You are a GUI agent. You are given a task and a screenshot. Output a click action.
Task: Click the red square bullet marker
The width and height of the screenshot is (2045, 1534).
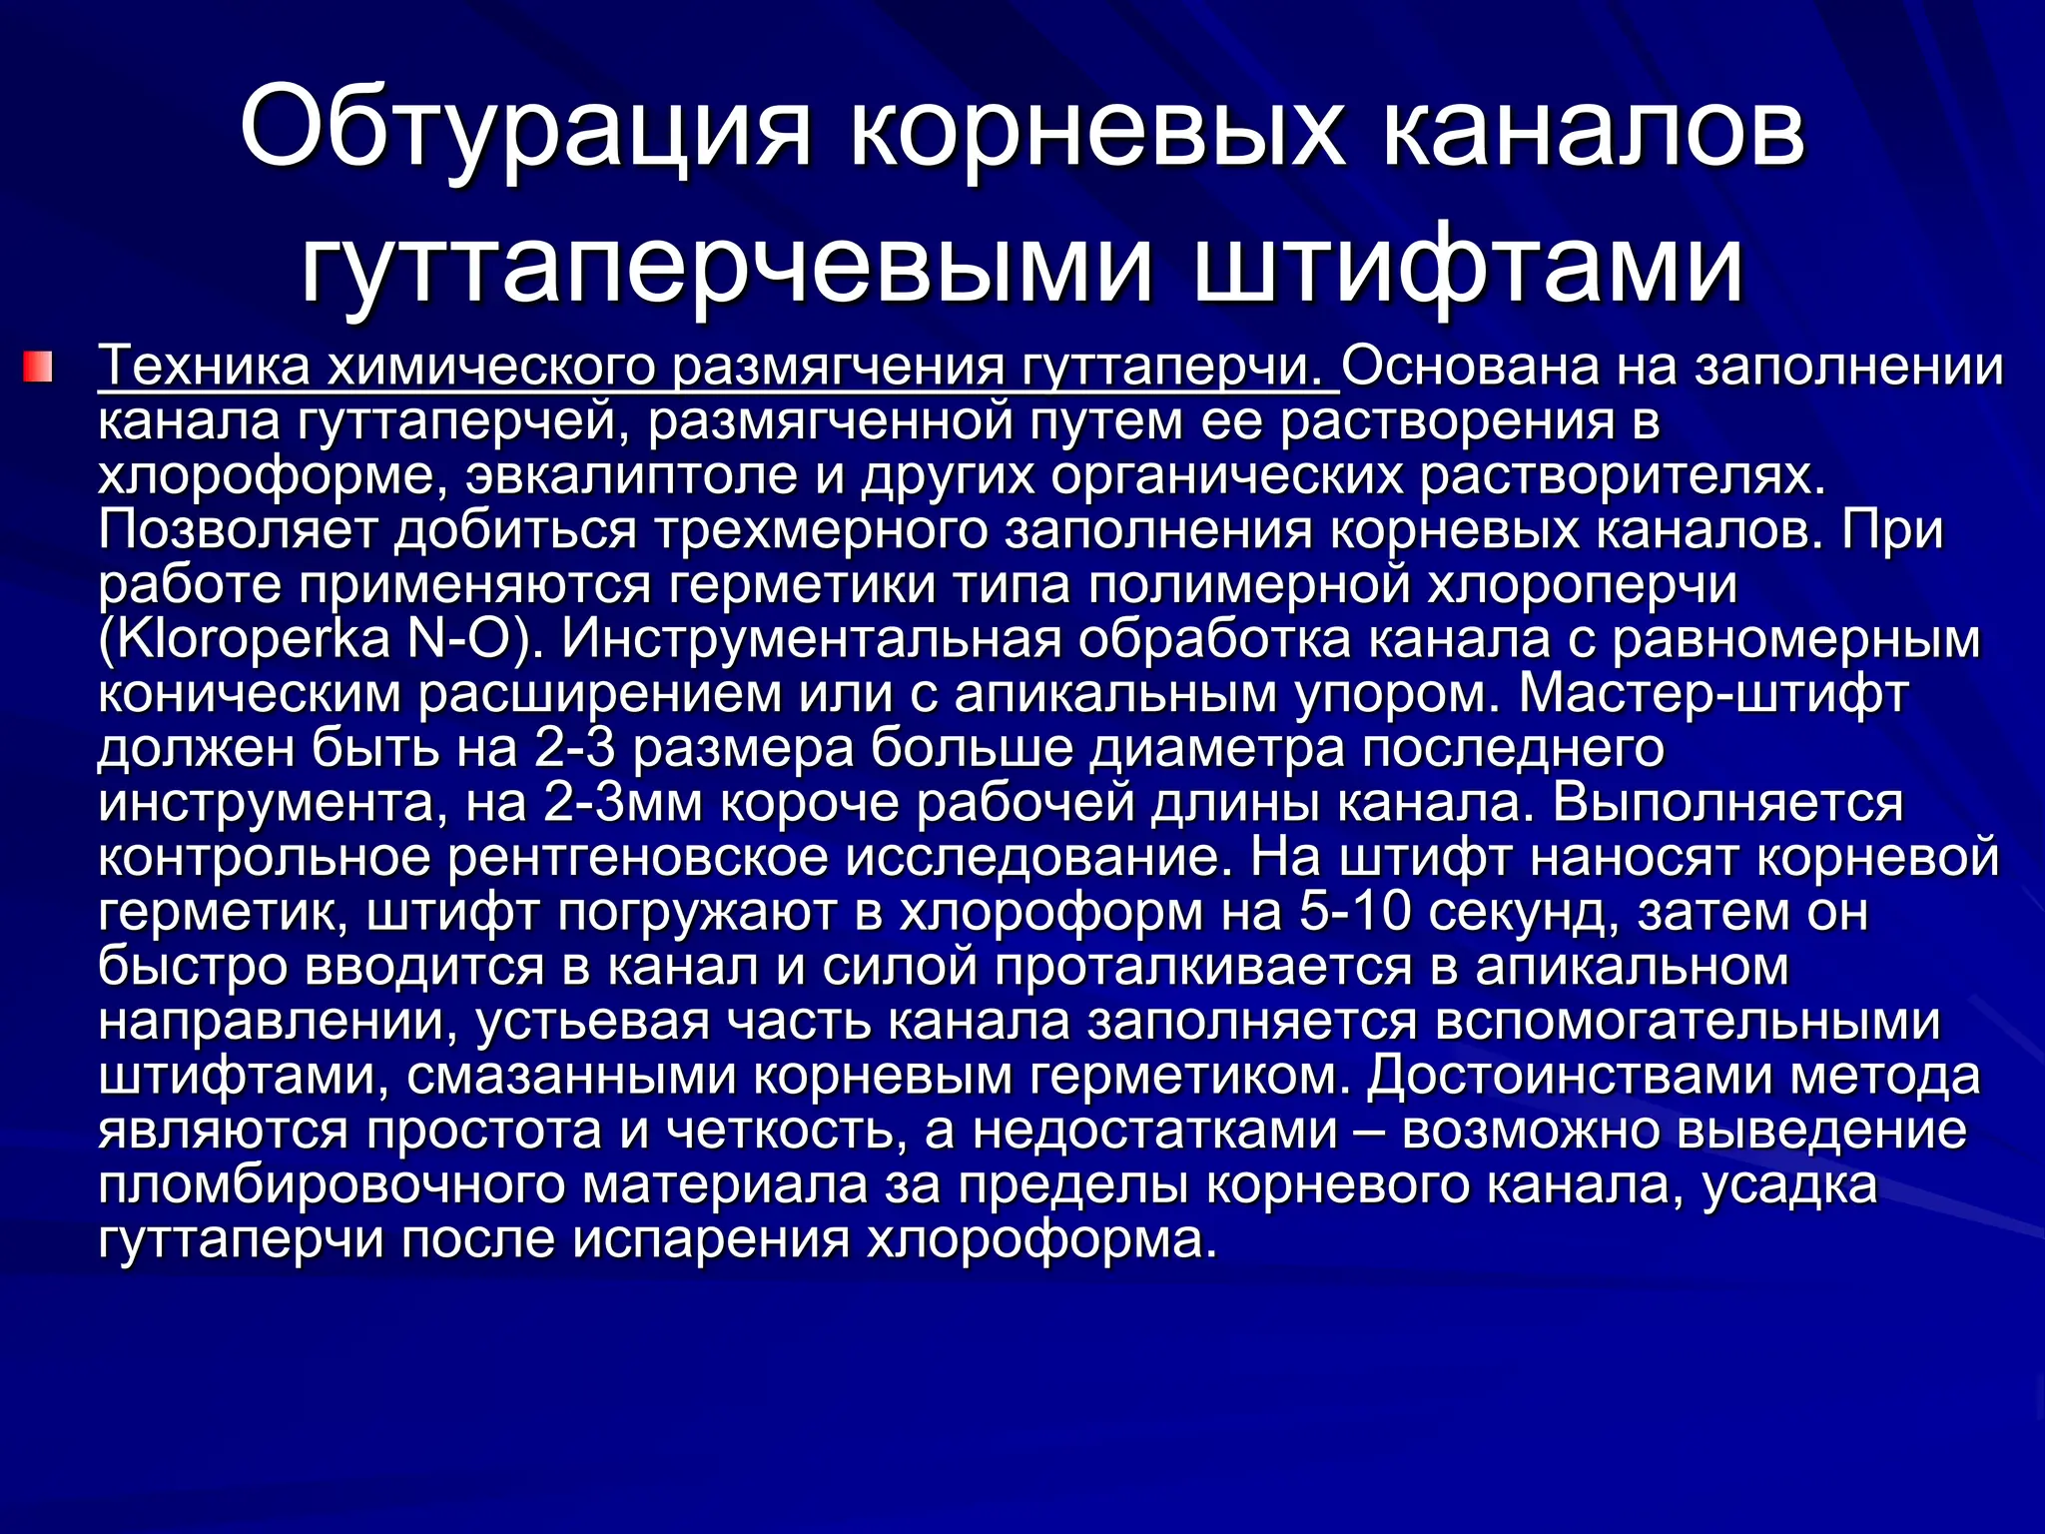[37, 366]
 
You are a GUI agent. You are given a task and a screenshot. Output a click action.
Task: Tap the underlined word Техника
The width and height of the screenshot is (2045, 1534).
[205, 367]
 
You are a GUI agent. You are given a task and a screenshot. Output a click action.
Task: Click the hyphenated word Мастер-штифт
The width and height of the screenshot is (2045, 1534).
[1713, 693]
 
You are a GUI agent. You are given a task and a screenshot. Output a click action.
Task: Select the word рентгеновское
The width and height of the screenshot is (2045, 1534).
[638, 857]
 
